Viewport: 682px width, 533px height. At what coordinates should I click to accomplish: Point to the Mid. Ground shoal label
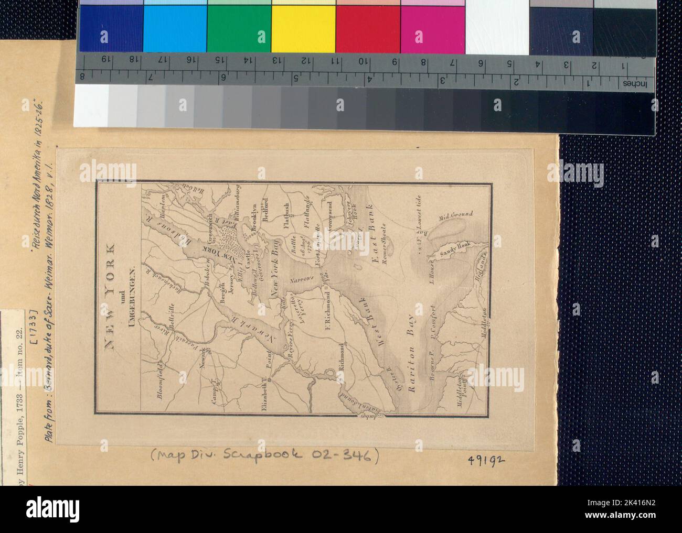click(x=457, y=214)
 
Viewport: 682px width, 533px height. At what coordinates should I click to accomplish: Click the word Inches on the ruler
click(x=635, y=84)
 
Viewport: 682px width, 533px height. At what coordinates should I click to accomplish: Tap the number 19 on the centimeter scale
click(x=104, y=59)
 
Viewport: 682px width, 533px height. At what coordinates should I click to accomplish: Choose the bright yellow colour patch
click(x=304, y=29)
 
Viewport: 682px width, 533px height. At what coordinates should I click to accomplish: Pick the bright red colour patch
click(x=368, y=29)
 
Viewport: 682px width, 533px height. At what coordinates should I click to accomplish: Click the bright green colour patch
click(x=239, y=29)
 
